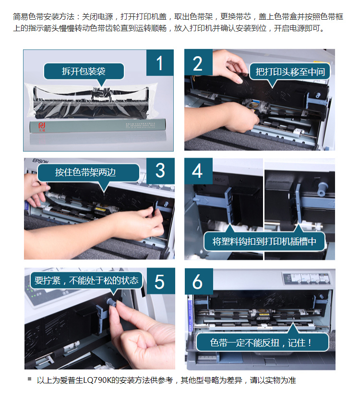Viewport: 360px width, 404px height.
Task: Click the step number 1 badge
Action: (x=160, y=62)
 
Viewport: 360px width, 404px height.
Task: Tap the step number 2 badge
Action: (x=198, y=62)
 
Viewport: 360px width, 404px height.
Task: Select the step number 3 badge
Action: (x=160, y=171)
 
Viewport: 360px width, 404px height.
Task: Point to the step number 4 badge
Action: (x=198, y=171)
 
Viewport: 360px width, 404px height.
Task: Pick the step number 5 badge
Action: (x=160, y=281)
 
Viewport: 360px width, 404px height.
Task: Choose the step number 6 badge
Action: (x=199, y=281)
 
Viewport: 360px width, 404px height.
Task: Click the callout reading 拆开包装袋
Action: (x=84, y=72)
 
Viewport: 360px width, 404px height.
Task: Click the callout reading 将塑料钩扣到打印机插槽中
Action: (x=264, y=241)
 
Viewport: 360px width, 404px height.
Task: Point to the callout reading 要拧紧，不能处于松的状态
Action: (x=86, y=280)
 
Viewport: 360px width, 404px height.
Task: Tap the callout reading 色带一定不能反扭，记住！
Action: (x=263, y=343)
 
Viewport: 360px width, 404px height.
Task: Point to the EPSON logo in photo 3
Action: (x=40, y=161)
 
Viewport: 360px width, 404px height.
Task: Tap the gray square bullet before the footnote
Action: (x=30, y=379)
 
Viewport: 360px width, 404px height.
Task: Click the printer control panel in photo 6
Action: (x=306, y=278)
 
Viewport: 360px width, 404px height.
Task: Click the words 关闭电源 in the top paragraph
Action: (x=97, y=17)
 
